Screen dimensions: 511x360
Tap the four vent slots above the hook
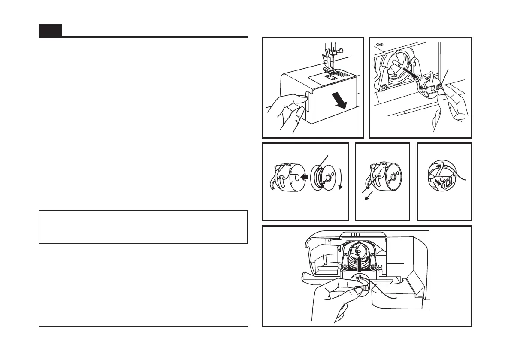click(x=355, y=235)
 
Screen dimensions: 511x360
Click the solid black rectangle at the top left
click(x=50, y=31)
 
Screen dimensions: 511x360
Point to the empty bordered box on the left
click(x=143, y=227)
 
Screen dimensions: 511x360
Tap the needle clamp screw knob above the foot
click(x=340, y=51)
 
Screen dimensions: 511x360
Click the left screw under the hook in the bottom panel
click(x=344, y=268)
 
